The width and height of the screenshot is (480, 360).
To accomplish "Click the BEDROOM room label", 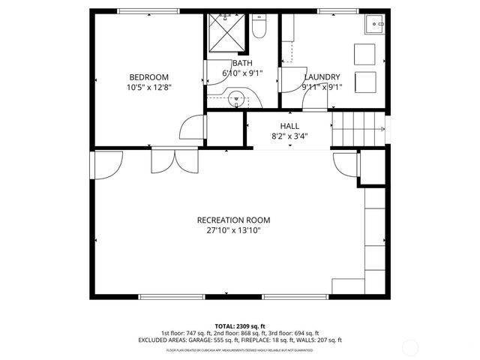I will point(148,77).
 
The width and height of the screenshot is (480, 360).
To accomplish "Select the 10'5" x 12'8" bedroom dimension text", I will point(148,88).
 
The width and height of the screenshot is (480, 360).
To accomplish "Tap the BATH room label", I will point(241,63).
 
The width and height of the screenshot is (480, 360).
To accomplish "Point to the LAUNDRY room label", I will point(322,77).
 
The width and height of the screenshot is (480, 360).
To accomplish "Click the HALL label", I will point(289,126).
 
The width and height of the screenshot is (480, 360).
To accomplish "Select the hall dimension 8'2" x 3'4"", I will point(289,136).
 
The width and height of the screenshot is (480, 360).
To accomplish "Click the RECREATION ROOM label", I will point(233,220).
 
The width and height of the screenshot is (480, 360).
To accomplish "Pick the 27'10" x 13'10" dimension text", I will point(233,230).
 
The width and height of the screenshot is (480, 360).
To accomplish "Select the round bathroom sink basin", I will point(238,97).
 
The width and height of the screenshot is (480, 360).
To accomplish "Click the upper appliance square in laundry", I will point(365,54).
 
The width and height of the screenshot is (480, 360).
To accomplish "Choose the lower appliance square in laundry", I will point(365,82).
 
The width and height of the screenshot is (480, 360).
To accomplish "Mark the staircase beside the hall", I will point(358,132).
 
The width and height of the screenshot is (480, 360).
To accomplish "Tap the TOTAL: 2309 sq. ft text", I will point(240,326).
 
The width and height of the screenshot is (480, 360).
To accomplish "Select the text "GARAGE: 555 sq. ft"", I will point(222,340).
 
